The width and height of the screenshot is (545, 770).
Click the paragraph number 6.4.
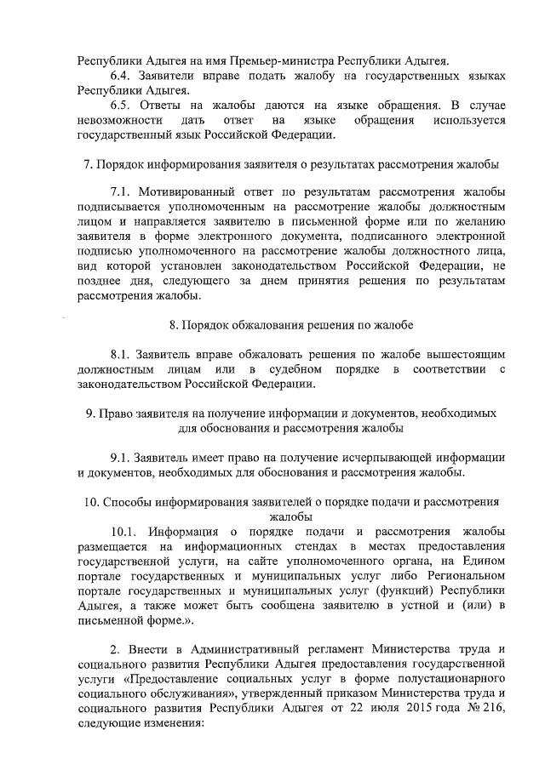[x=123, y=77]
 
